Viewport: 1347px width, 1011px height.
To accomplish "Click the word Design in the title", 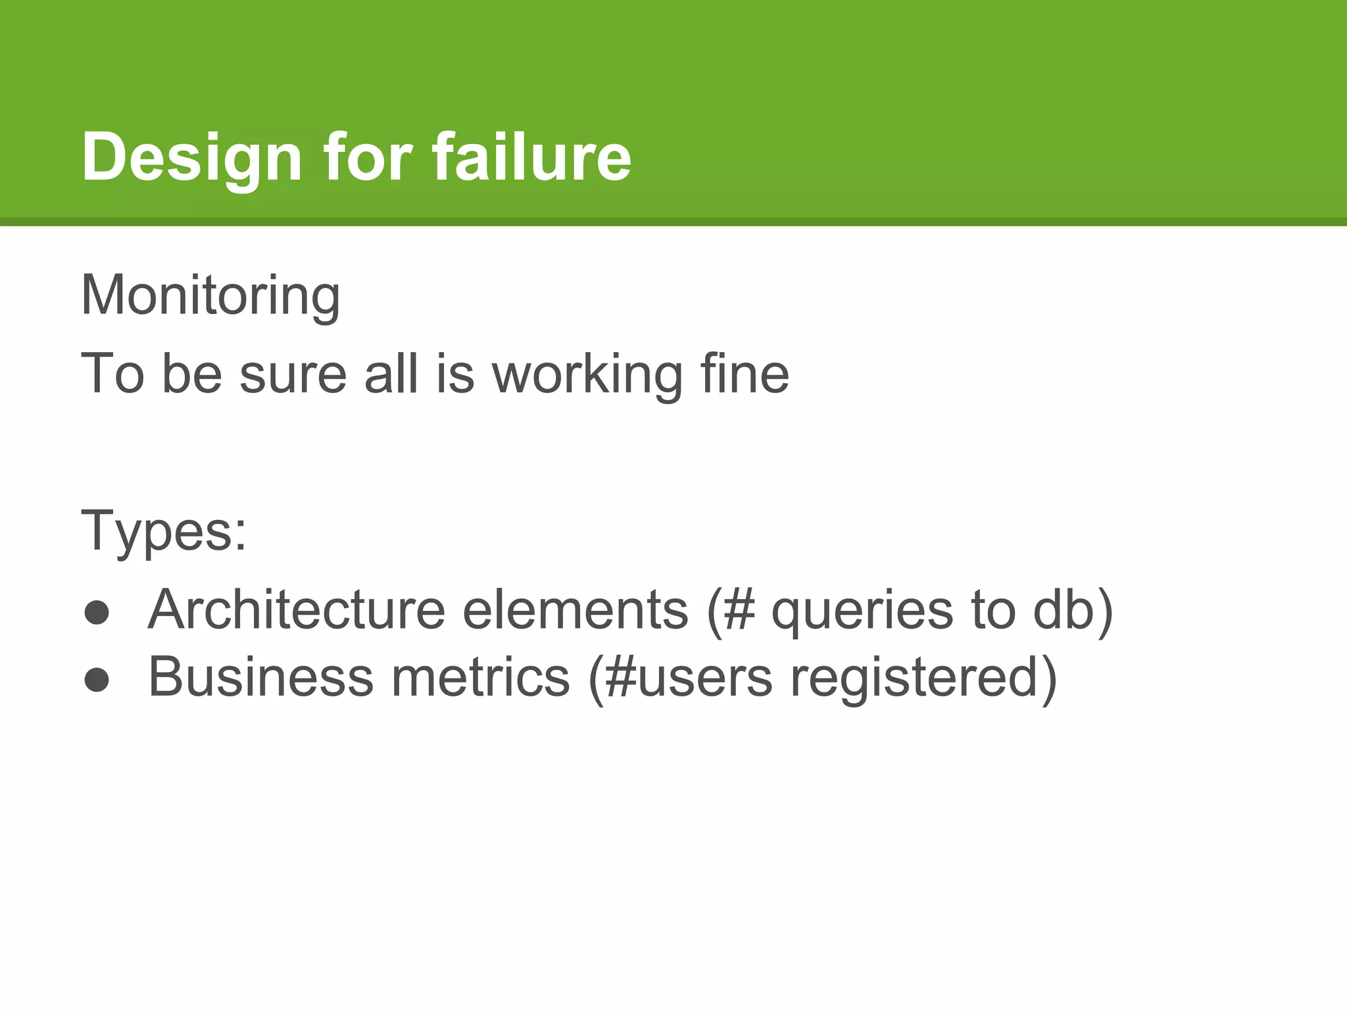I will tap(191, 158).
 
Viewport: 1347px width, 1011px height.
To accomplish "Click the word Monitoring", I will tap(210, 296).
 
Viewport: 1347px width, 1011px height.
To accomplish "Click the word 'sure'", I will tap(293, 375).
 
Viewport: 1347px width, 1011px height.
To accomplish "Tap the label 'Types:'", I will tap(164, 531).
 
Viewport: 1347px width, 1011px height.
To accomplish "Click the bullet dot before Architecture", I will tap(97, 612).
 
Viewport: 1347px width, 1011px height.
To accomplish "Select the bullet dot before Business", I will tap(97, 680).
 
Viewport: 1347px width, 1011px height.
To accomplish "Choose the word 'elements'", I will tap(576, 609).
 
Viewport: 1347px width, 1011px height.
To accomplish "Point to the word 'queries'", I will tap(862, 611).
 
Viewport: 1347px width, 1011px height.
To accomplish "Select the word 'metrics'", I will tap(481, 677).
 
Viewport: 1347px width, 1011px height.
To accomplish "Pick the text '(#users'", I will tap(680, 679).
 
